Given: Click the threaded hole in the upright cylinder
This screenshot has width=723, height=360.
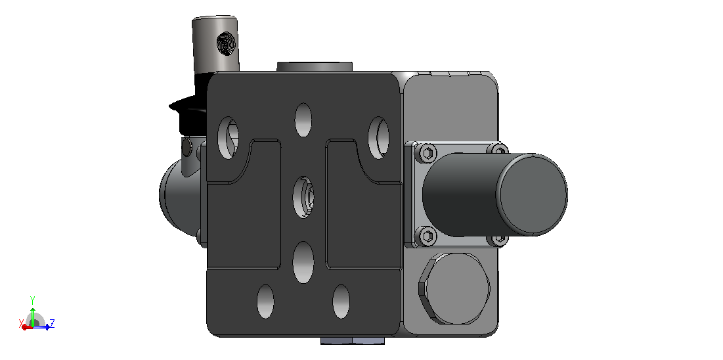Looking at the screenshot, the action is [x=226, y=44].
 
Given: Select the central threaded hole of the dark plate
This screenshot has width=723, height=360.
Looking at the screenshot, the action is [x=303, y=197].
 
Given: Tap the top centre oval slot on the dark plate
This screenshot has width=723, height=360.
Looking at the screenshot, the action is [x=303, y=120].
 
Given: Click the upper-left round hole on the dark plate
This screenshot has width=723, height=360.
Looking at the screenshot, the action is [x=228, y=138].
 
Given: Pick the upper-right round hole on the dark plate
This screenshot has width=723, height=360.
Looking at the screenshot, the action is [x=378, y=138].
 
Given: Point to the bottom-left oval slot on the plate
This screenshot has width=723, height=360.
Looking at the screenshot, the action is [x=265, y=302].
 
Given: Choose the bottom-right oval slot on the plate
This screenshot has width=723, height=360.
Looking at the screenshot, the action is [x=341, y=302].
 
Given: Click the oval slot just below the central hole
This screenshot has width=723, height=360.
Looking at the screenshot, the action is [x=303, y=261].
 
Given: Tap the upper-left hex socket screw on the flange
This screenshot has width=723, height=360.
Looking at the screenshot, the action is [x=427, y=153].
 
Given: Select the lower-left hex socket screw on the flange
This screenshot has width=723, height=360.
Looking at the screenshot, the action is [x=427, y=236].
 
